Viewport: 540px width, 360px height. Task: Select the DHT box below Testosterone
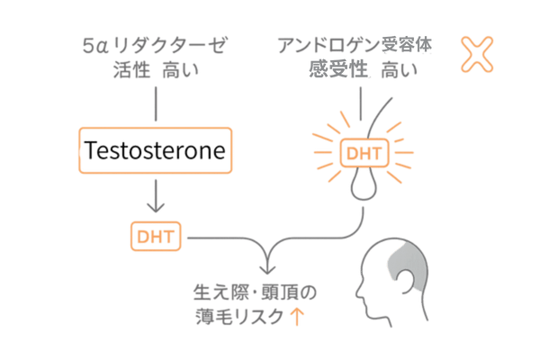click(156, 237)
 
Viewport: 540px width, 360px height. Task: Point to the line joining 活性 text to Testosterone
click(156, 101)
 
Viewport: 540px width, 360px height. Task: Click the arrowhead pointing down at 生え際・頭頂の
click(266, 271)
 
